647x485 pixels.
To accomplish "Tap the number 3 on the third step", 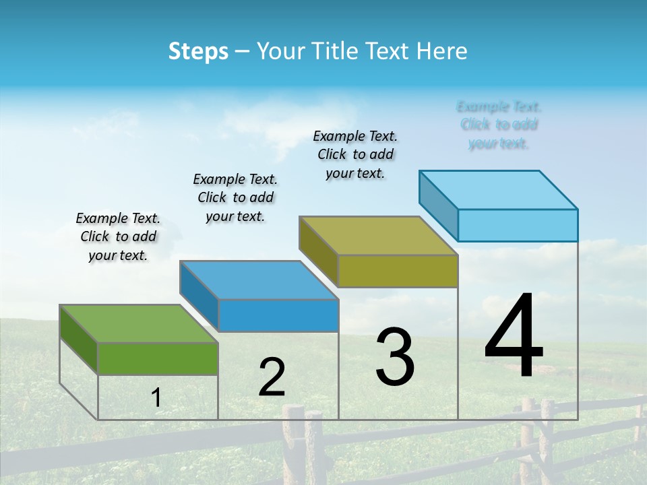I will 395,356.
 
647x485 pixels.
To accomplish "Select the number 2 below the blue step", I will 272,377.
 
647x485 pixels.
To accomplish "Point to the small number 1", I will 156,397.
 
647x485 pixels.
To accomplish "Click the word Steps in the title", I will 198,51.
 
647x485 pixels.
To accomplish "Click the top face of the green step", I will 138,323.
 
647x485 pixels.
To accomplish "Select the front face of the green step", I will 158,358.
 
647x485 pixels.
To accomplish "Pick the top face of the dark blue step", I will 259,280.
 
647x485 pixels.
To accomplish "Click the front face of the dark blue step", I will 278,315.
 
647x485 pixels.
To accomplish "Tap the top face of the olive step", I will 379,236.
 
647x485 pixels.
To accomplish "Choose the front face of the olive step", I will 398,271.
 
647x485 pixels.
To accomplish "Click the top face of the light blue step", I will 499,189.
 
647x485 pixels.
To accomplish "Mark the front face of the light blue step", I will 518,225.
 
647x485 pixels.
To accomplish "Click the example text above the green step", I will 118,236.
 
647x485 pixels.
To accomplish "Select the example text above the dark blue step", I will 235,197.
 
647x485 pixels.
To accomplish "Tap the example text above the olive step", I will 355,154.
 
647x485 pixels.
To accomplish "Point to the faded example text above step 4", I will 499,125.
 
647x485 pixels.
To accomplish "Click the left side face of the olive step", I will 318,251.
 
